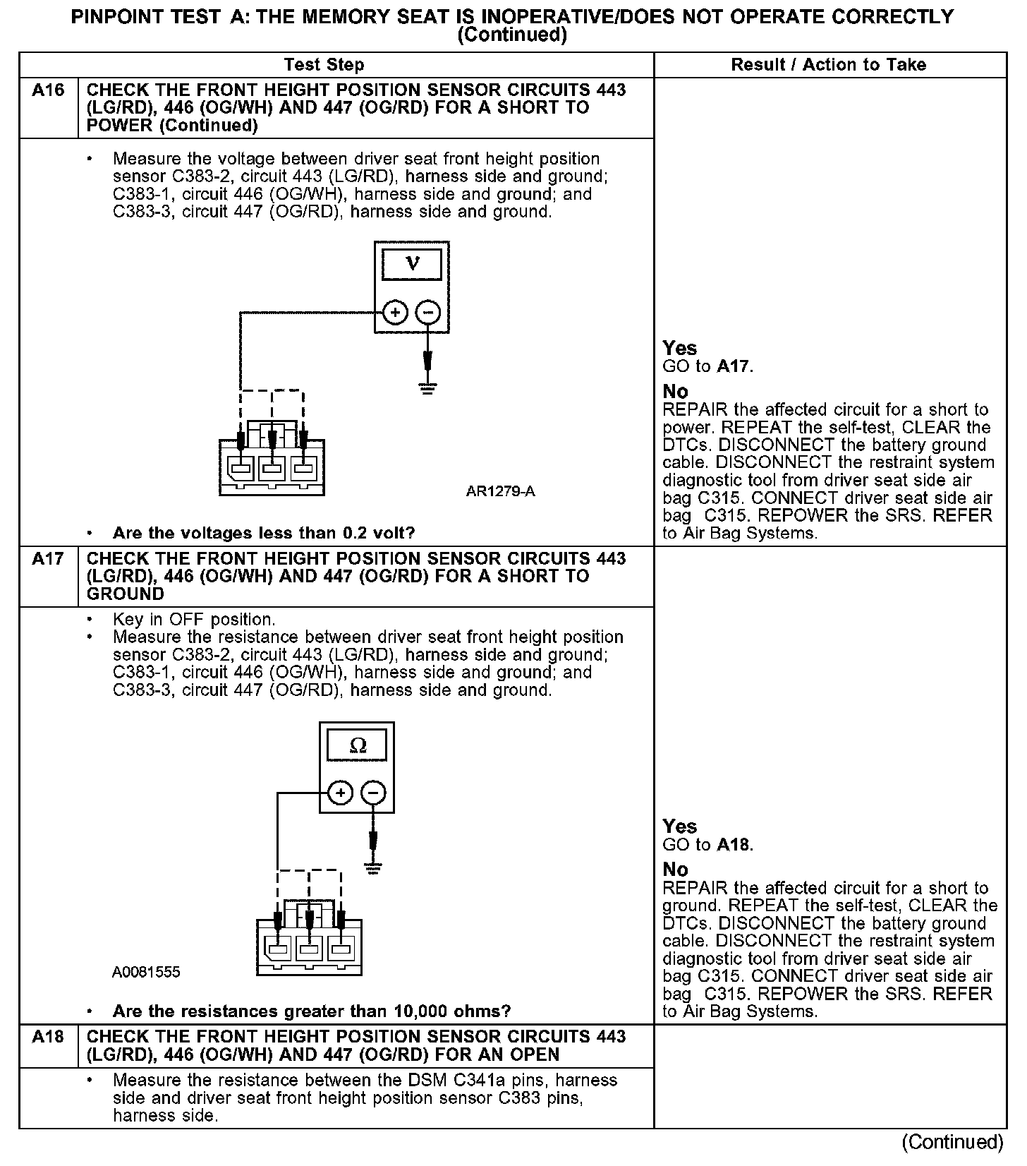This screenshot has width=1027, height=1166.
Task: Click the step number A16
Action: point(48,90)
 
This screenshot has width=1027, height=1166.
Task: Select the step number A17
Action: point(48,559)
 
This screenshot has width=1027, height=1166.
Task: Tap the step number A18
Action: point(48,1037)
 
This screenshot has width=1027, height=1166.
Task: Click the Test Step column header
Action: point(324,65)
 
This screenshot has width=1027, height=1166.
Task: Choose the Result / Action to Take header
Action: point(828,65)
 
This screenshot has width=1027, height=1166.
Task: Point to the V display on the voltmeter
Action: point(412,265)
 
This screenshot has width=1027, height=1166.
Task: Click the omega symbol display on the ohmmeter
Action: point(358,745)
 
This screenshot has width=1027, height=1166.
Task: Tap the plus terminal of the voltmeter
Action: point(395,312)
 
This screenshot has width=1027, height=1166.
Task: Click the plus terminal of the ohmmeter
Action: point(341,793)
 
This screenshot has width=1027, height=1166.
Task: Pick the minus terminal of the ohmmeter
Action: point(374,793)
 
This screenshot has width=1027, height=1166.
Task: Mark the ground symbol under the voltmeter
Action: point(427,387)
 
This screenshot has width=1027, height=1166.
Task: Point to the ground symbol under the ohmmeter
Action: point(373,868)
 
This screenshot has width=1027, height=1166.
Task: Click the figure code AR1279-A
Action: point(500,491)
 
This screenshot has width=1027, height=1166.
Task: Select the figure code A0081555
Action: point(146,973)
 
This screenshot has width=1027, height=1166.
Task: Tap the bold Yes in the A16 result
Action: point(679,348)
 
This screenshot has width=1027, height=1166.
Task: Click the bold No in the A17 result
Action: point(675,870)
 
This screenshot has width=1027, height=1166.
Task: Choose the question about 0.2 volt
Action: point(264,533)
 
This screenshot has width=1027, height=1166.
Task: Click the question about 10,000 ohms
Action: point(311,1011)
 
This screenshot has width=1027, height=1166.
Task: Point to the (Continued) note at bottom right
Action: point(952,1142)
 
